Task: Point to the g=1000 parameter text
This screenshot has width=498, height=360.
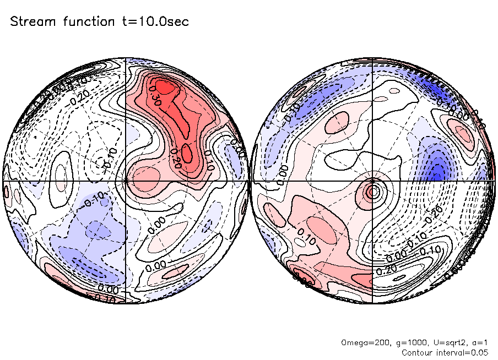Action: [x=400, y=343]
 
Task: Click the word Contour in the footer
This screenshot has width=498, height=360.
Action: [x=418, y=352]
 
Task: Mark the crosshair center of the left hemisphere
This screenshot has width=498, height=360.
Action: [x=126, y=180]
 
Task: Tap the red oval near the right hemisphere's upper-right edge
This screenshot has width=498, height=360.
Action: [x=462, y=133]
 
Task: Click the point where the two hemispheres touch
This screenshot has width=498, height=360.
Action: [x=249, y=180]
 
